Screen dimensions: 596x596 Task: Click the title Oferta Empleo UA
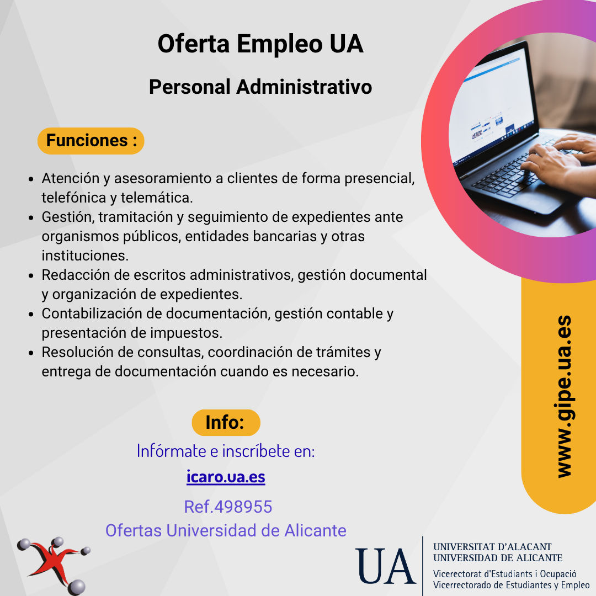pos(260,44)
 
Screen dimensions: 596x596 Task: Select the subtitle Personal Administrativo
pos(260,87)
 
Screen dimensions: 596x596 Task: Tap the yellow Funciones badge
pos(91,141)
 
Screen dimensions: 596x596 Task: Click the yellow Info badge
pos(226,422)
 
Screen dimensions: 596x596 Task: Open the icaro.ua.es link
pos(226,477)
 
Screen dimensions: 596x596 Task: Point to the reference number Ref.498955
pos(228,507)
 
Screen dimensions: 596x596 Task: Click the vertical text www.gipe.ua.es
pos(564,396)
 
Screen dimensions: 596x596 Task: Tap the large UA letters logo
pos(385,566)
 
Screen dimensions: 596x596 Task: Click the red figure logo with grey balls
pos(54,566)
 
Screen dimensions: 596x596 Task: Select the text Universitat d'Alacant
pos(492,546)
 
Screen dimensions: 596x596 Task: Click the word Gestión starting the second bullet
pos(68,217)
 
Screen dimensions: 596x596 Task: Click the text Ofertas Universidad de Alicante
pos(226,531)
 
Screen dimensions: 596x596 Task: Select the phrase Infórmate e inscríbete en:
pos(226,451)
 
